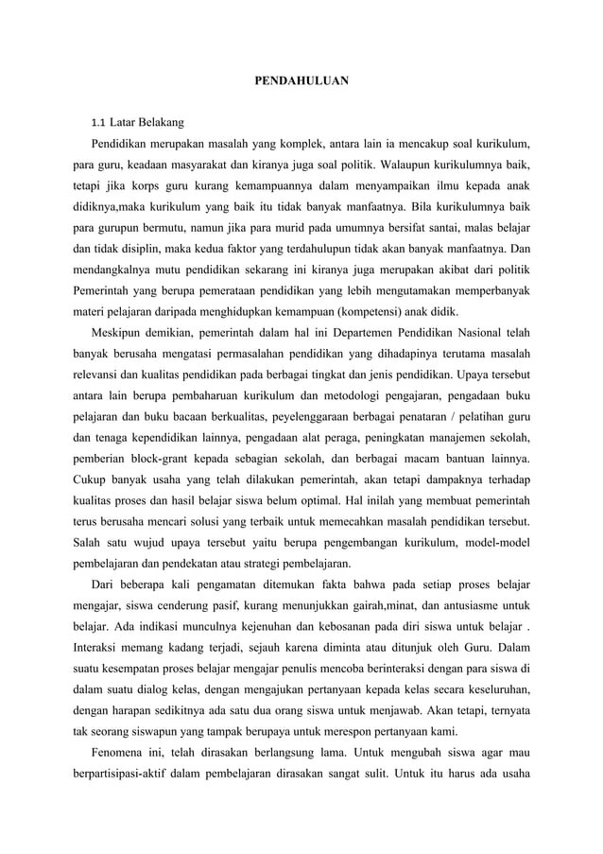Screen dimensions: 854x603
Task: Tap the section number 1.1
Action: pyautogui.click(x=97, y=123)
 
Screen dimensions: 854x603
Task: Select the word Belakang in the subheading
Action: pyautogui.click(x=160, y=123)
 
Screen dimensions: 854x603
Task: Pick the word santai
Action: pyautogui.click(x=420, y=228)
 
